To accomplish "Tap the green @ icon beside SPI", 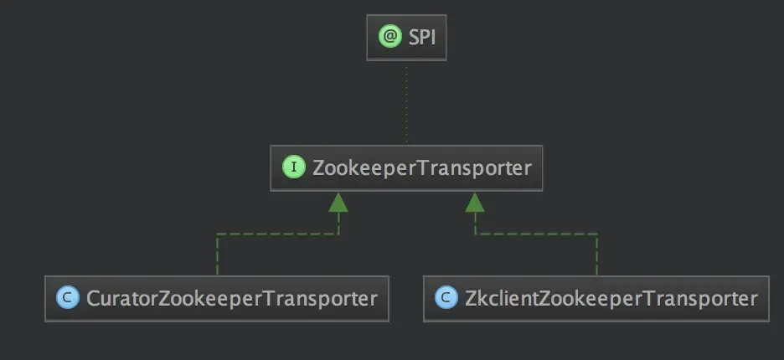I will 389,38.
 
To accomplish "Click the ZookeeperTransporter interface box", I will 407,167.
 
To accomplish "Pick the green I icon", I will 293,167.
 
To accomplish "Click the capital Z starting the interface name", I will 318,167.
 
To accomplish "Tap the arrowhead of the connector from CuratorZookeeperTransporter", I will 338,202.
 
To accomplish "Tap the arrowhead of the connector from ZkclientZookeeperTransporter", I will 476,202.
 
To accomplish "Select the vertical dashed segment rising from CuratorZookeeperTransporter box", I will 217,255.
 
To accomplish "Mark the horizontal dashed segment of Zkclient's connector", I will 536,234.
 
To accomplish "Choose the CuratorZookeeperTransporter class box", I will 217,298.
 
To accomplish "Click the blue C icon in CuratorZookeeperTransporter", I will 67,298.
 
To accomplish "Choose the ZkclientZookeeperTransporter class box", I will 596,298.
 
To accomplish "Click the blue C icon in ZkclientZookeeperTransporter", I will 446,298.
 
